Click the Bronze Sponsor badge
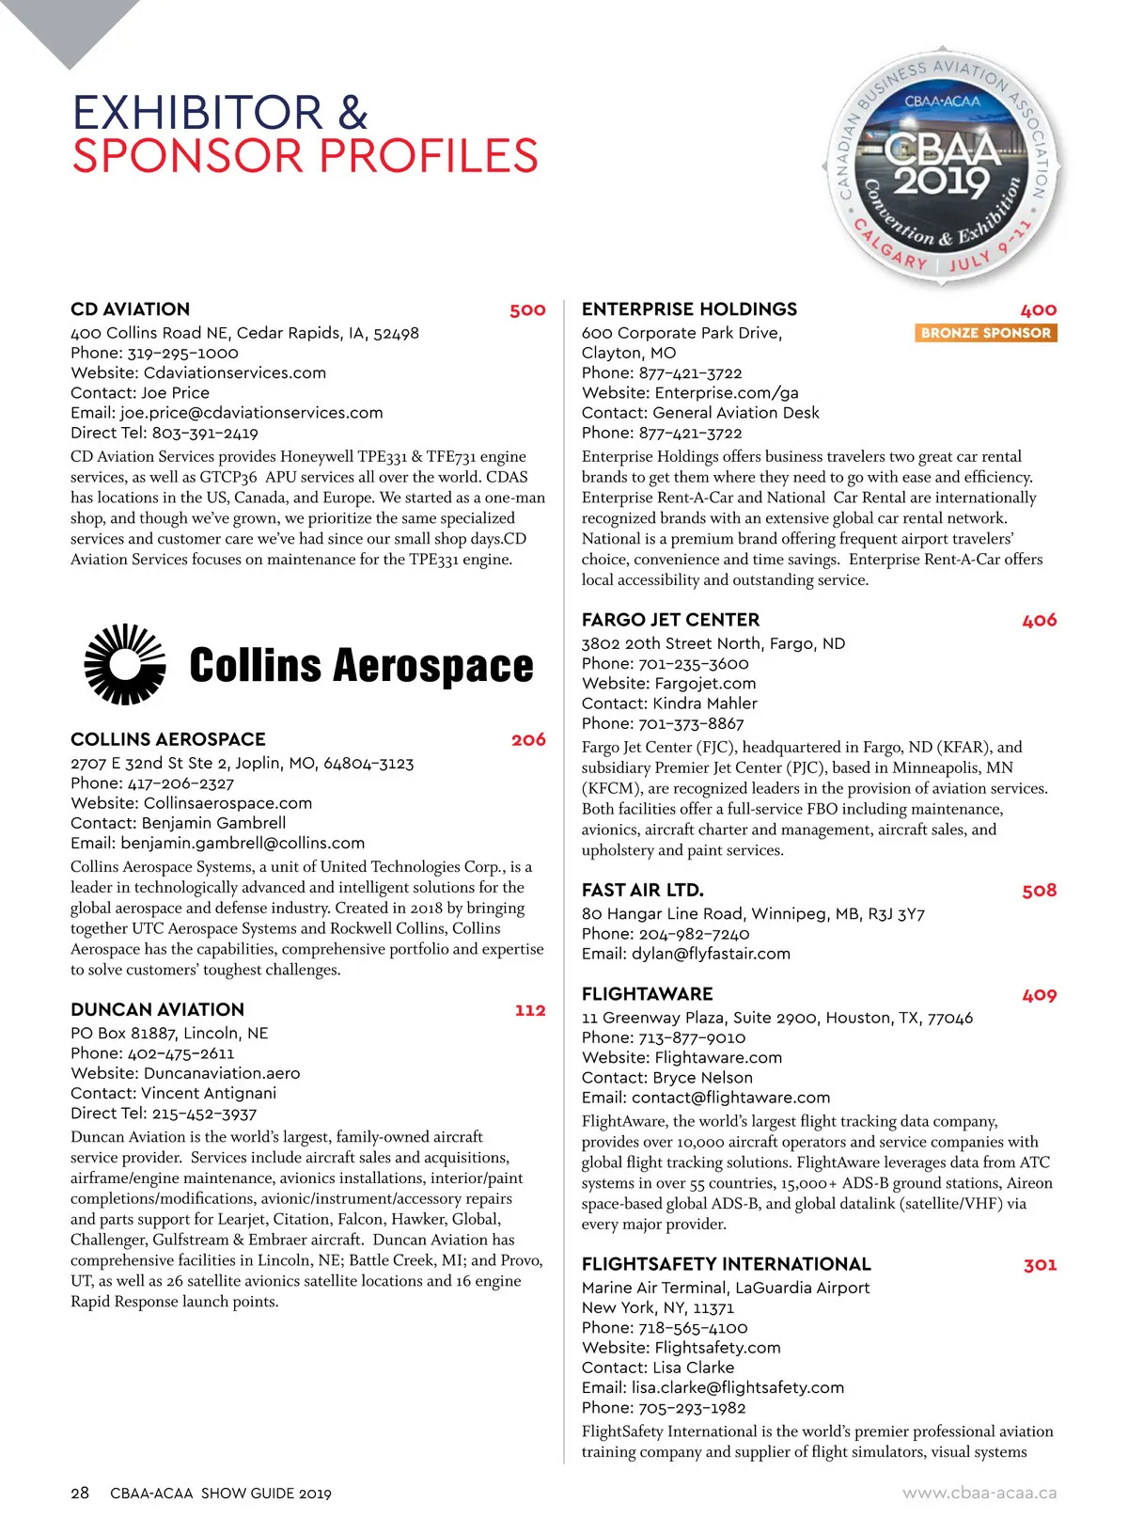click(x=985, y=333)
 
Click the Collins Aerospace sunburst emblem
click(x=125, y=664)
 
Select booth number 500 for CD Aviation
click(x=527, y=310)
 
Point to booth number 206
click(x=528, y=740)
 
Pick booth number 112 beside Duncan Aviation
click(x=530, y=1010)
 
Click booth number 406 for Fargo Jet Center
click(x=1039, y=621)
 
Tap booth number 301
click(x=1040, y=1265)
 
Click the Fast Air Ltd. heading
click(x=642, y=890)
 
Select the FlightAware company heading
click(x=647, y=994)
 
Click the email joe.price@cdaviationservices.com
click(x=251, y=413)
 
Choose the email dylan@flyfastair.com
click(x=711, y=954)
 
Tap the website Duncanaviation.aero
click(x=222, y=1073)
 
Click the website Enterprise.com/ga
click(x=727, y=393)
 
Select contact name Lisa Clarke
click(x=694, y=1368)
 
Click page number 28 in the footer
click(x=80, y=1493)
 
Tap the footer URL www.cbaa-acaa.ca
click(x=979, y=1493)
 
